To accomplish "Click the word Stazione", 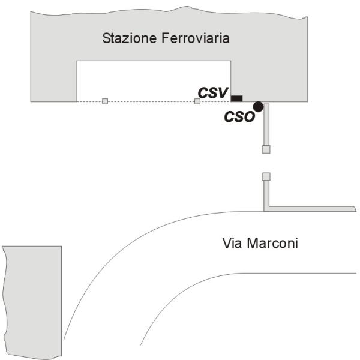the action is point(130,38).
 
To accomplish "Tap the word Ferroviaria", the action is point(196,38).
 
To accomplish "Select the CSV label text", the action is point(213,93).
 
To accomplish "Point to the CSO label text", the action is point(239,116).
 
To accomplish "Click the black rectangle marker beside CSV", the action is point(236,98).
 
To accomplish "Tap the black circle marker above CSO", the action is point(258,107).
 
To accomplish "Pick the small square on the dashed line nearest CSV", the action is point(197,101).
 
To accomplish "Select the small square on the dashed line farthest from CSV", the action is point(105,101).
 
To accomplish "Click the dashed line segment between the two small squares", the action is point(151,101).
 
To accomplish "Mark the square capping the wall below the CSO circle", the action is point(266,149).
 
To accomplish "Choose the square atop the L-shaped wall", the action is point(266,176).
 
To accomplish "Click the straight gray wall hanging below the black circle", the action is point(266,125).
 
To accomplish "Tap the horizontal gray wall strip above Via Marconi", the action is point(312,209).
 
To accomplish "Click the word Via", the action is point(232,243).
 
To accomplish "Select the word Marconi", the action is point(272,243).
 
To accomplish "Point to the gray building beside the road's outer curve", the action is point(32,302).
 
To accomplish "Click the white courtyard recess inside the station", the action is point(154,81).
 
